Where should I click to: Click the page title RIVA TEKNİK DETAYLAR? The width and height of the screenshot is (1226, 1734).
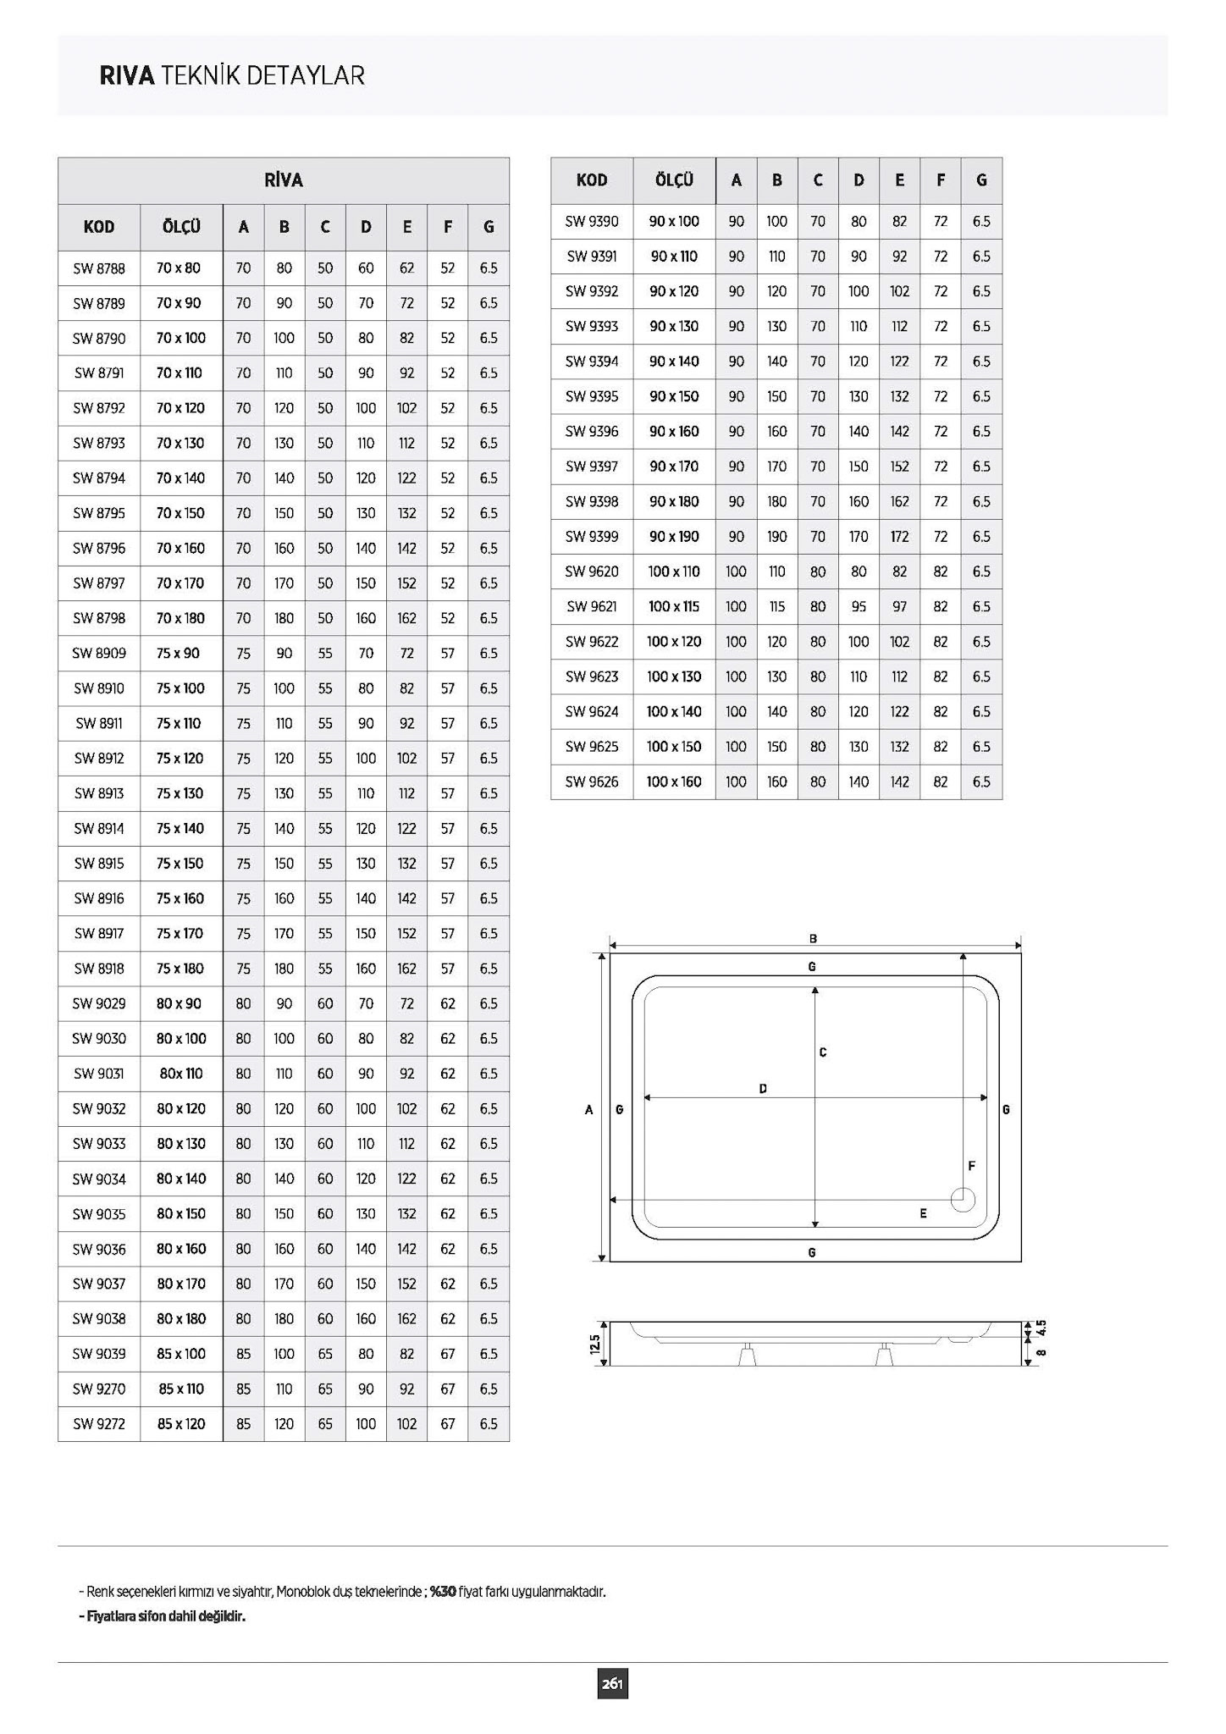pyautogui.click(x=232, y=76)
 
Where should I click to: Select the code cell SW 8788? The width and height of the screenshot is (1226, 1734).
pyautogui.click(x=99, y=268)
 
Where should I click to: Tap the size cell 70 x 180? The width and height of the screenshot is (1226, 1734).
pyautogui.click(x=181, y=618)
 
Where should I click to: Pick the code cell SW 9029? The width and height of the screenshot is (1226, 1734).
pyautogui.click(x=99, y=1003)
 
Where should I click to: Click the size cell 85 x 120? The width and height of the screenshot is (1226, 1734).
pyautogui.click(x=181, y=1423)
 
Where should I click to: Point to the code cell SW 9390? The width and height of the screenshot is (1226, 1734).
pyautogui.click(x=592, y=222)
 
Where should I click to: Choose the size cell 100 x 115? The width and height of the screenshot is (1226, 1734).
pyautogui.click(x=674, y=606)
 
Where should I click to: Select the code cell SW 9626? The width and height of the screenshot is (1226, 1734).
pyautogui.click(x=592, y=781)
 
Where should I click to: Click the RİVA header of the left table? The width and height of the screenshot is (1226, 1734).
pyautogui.click(x=284, y=180)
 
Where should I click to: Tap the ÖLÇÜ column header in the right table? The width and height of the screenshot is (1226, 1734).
pyautogui.click(x=674, y=180)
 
